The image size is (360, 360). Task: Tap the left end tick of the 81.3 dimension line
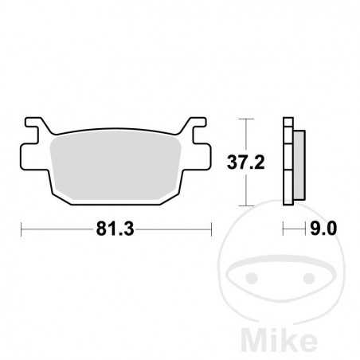tap(19, 231)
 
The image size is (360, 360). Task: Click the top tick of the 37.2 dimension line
tap(246, 120)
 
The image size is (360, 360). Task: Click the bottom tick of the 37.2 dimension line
tap(246, 207)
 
